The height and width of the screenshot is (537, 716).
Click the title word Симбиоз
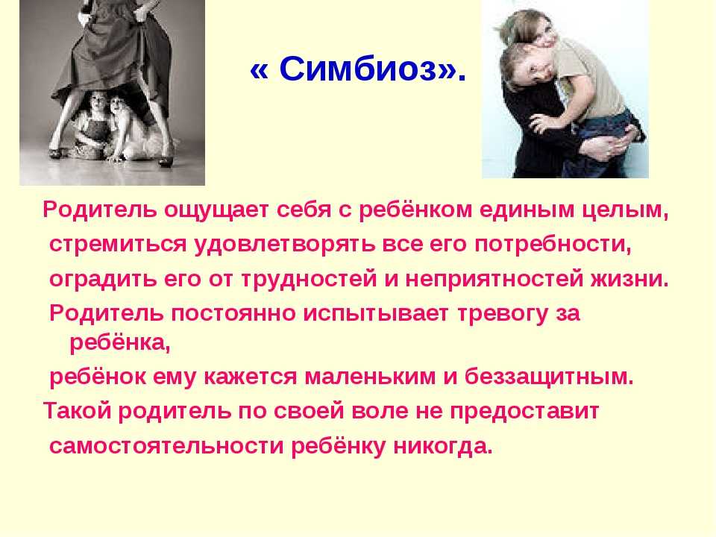coord(357,69)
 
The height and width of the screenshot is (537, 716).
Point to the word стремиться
coord(119,245)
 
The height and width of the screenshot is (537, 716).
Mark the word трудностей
coord(309,279)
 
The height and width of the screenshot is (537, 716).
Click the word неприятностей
coord(494,279)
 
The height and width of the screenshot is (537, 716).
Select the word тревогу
coord(502,314)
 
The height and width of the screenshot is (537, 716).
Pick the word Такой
coord(77,411)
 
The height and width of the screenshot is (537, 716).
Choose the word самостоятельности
coord(166,446)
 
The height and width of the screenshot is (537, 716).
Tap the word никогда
coord(443,447)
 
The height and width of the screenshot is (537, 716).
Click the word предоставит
coord(524,412)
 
